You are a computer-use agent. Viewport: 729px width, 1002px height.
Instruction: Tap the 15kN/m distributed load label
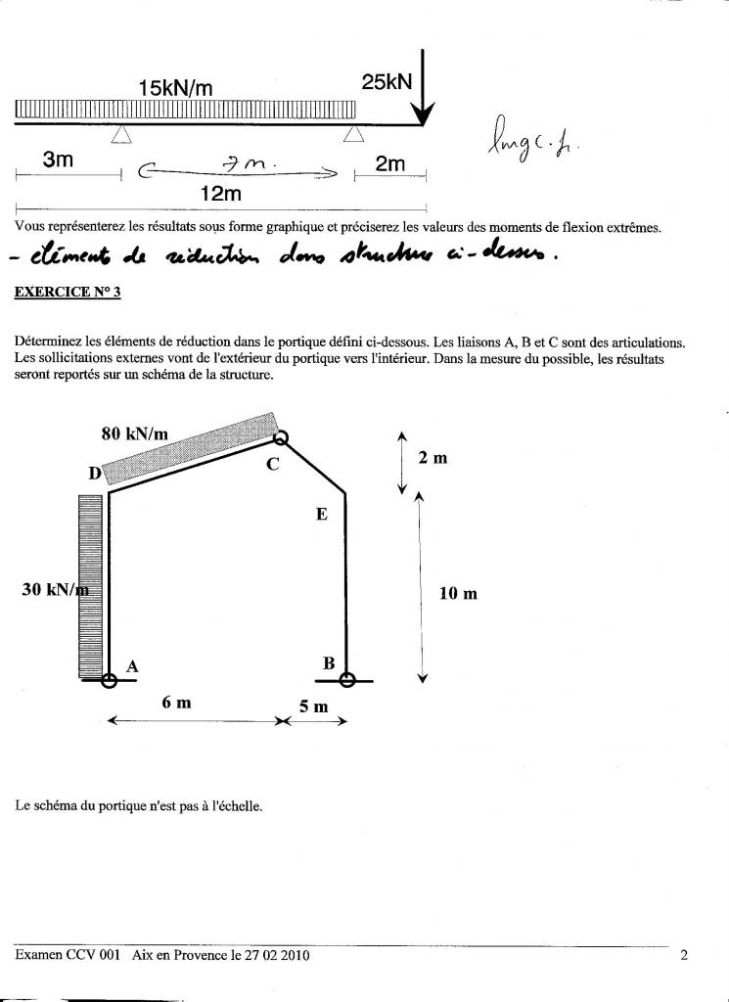tap(175, 88)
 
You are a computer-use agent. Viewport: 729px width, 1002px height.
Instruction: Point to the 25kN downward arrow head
tap(423, 116)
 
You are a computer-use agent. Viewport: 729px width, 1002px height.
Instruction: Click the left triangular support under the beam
tap(120, 134)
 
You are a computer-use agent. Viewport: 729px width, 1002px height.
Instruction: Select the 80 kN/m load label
tap(135, 433)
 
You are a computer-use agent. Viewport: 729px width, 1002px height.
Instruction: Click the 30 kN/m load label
tap(56, 589)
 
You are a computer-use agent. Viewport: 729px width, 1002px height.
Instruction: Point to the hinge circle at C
tap(282, 439)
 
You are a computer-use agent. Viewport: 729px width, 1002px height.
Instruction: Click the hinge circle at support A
tap(109, 681)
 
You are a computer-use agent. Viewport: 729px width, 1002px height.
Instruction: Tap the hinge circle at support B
tap(345, 680)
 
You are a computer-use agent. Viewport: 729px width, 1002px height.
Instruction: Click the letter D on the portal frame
tap(95, 474)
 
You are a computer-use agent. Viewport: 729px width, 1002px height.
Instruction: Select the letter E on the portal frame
tap(321, 514)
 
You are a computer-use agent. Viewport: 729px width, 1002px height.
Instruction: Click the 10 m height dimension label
tap(457, 593)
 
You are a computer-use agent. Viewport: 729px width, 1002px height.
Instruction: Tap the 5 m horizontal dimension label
tap(313, 706)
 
